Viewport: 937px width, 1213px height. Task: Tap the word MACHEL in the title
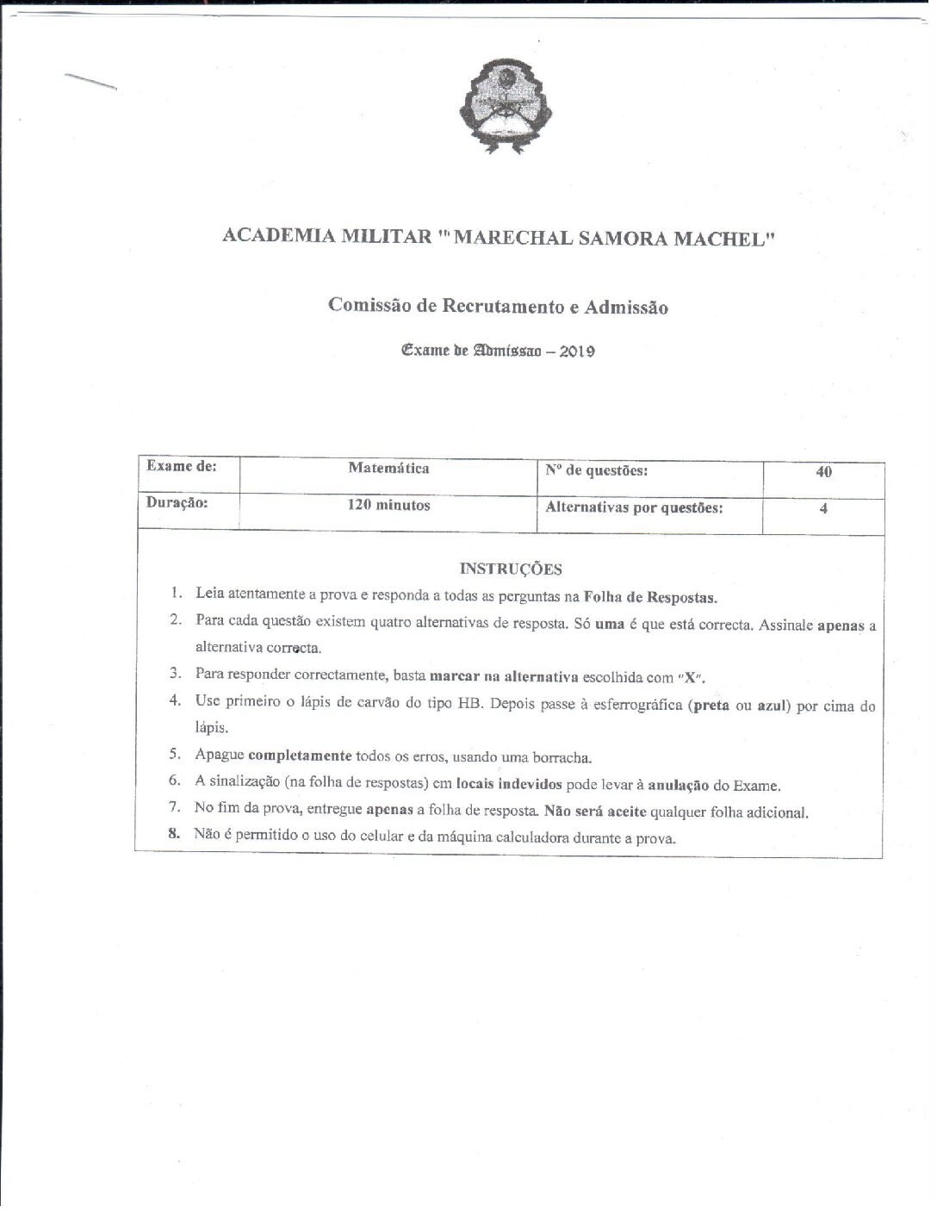click(724, 237)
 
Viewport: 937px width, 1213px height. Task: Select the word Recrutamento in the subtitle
click(505, 306)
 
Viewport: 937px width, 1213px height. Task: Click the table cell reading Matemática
click(388, 469)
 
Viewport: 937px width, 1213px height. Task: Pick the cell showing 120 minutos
click(388, 506)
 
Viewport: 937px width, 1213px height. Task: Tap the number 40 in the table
click(823, 472)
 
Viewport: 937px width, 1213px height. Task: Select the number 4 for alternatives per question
click(823, 508)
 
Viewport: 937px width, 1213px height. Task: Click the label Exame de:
click(182, 466)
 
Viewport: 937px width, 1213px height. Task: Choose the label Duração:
click(177, 502)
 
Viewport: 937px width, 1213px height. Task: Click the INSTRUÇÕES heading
click(511, 569)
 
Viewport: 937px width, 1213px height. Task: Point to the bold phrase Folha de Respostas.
click(650, 597)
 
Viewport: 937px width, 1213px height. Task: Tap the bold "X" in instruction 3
click(689, 676)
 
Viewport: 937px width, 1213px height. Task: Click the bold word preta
click(711, 705)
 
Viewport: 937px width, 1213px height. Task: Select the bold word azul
click(773, 706)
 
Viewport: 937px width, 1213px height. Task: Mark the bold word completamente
click(300, 756)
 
